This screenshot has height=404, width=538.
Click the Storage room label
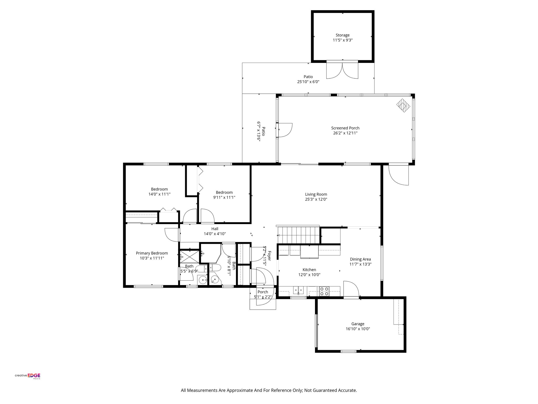pos(342,35)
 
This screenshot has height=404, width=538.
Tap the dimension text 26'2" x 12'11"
pos(345,133)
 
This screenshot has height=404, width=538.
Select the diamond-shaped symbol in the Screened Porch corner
pos(403,106)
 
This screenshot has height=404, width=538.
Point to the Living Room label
pos(316,194)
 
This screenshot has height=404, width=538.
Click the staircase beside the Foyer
pos(298,235)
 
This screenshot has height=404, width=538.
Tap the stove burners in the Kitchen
pos(324,291)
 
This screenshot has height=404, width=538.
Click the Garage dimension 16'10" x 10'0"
pos(358,329)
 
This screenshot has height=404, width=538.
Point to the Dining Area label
pos(360,259)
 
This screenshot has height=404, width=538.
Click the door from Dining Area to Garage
pos(351,289)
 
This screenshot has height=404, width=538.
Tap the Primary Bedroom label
pos(152,253)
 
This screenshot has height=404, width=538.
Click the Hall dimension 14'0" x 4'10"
pos(215,234)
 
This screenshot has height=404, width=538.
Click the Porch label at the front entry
pos(263,292)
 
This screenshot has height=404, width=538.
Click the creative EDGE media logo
pos(28,376)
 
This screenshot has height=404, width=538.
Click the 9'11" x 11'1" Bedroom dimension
pos(224,197)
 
